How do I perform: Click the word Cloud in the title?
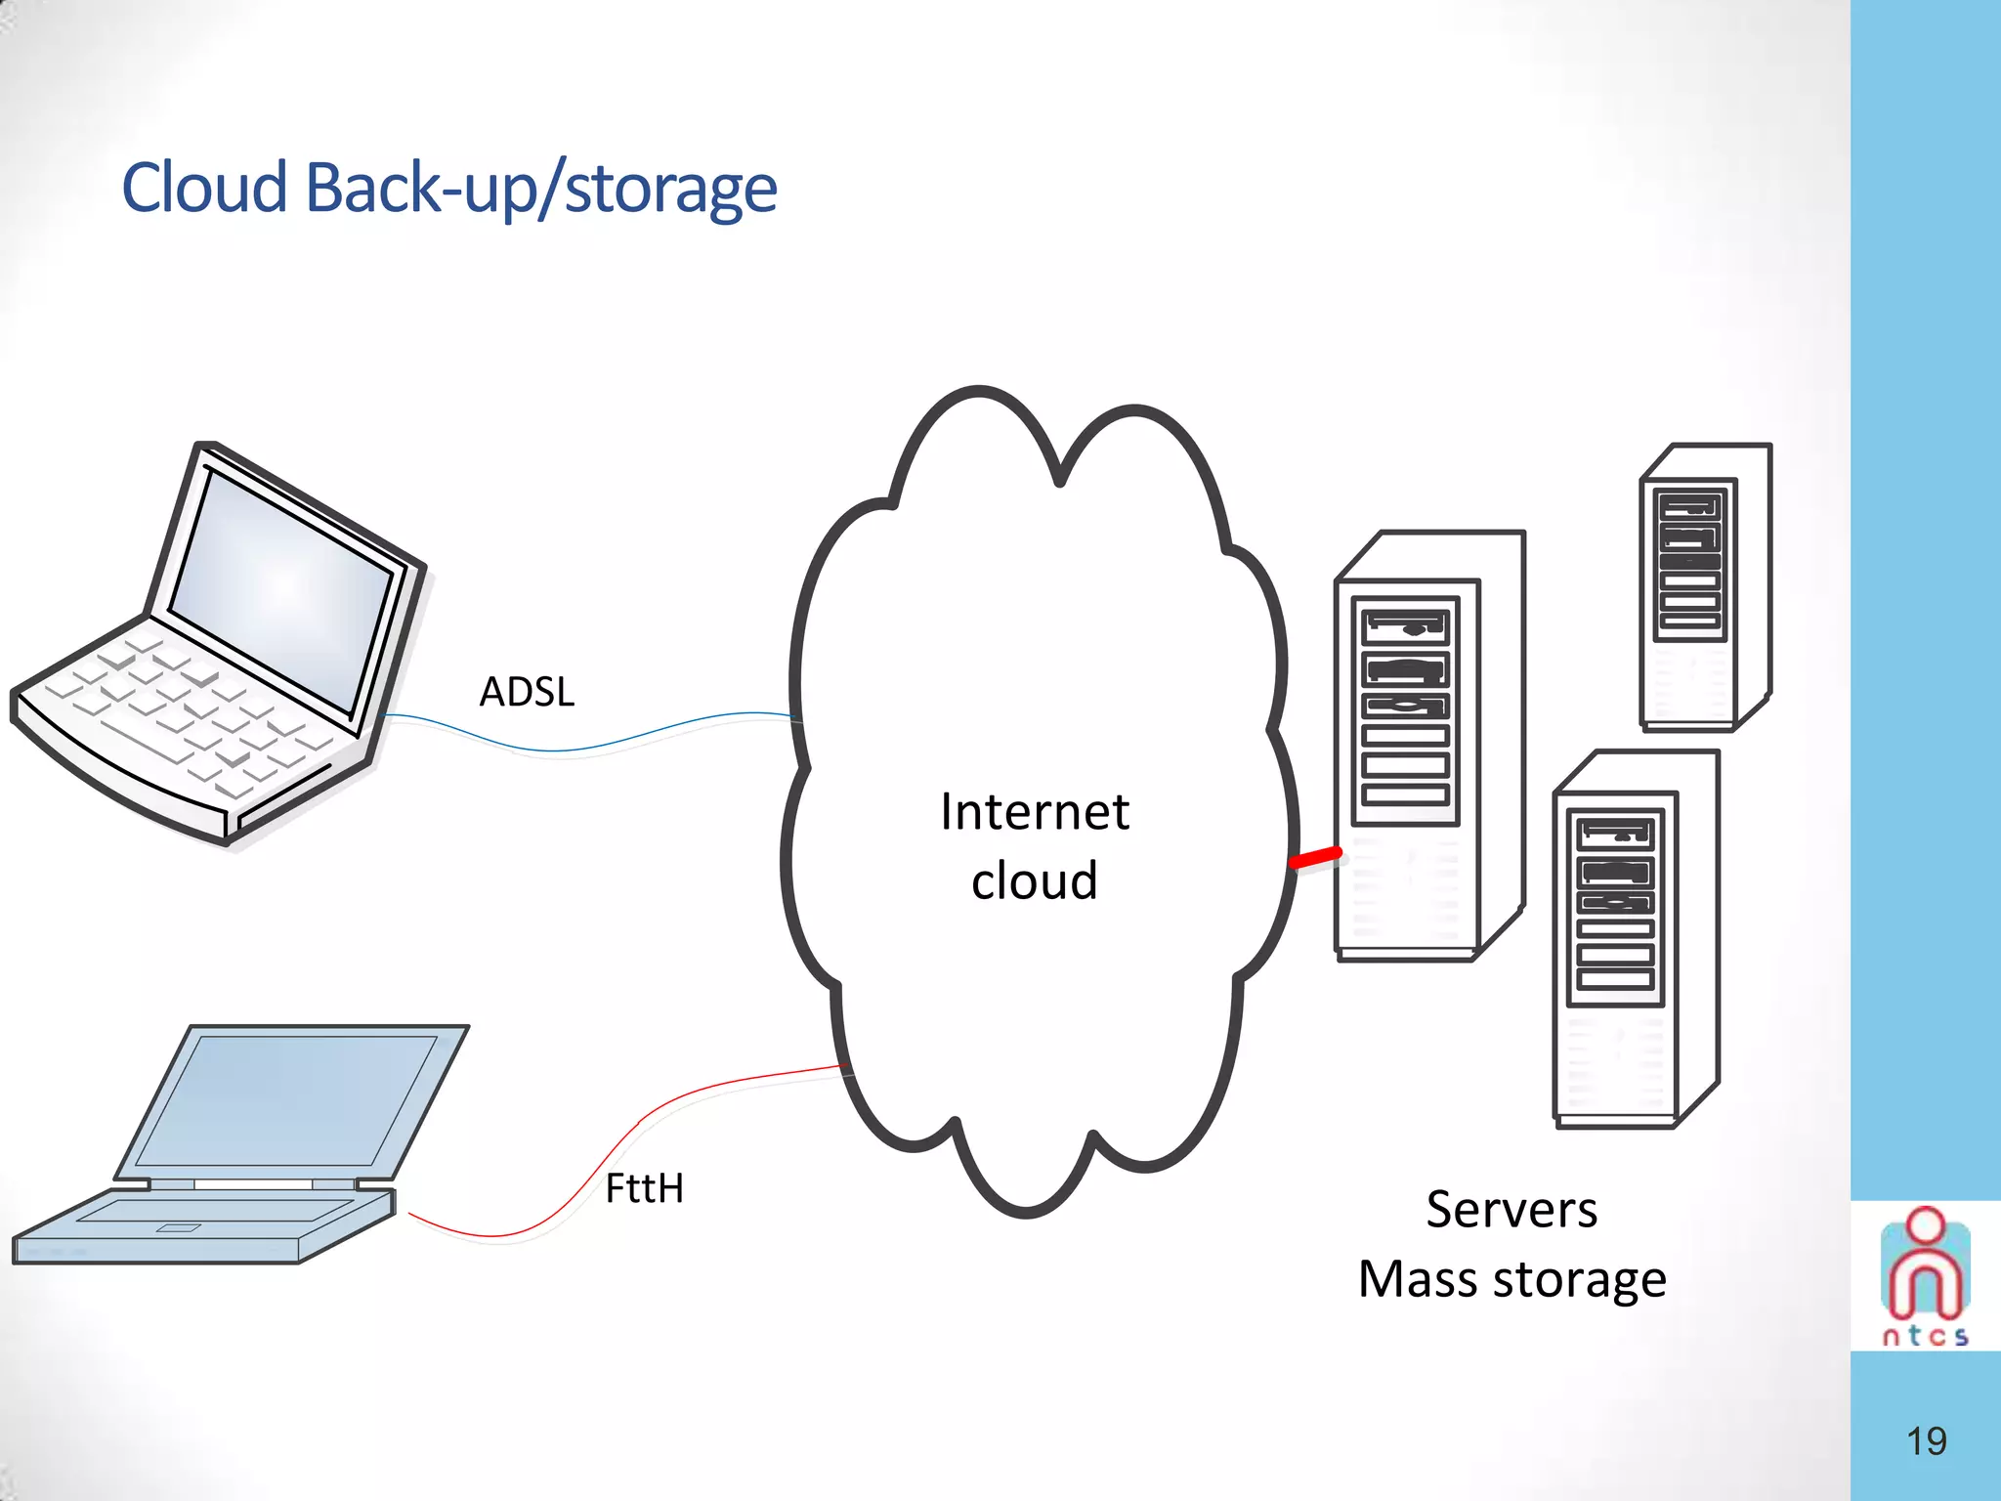click(204, 188)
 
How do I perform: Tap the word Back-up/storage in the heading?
click(541, 188)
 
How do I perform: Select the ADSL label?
click(527, 692)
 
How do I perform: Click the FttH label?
click(644, 1189)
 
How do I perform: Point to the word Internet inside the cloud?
click(1035, 812)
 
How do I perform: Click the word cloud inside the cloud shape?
click(1035, 880)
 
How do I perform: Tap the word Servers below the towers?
click(1511, 1210)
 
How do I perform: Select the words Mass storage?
click(1511, 1279)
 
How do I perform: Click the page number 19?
click(1926, 1441)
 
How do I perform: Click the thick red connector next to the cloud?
click(1315, 859)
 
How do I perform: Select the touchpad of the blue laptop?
click(178, 1227)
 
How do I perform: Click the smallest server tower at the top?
click(1704, 586)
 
